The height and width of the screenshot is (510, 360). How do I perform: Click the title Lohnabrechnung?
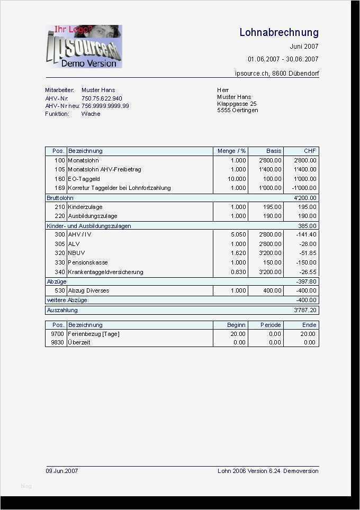278,33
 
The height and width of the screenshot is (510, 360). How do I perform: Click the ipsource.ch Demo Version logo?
84,47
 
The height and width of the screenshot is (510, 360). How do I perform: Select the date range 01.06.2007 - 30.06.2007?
283,59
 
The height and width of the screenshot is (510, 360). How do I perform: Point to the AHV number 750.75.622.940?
102,98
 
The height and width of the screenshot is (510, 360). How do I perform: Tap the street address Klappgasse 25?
237,104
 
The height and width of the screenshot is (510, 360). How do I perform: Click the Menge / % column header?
231,151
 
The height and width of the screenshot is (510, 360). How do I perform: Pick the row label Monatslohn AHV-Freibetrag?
104,170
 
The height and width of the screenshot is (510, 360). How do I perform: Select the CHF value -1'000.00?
304,188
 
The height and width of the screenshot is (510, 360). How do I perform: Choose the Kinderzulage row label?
85,207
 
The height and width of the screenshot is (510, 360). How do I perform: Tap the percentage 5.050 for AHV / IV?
238,234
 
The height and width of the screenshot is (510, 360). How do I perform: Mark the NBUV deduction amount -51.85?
307,253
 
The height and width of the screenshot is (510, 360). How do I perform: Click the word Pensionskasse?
88,262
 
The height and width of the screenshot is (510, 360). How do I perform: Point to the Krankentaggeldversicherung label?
105,272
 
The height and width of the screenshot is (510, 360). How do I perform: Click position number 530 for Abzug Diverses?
59,290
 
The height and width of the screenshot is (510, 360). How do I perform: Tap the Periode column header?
271,325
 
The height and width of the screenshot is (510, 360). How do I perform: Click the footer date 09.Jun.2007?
62,471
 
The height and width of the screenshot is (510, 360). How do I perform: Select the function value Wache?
91,114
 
